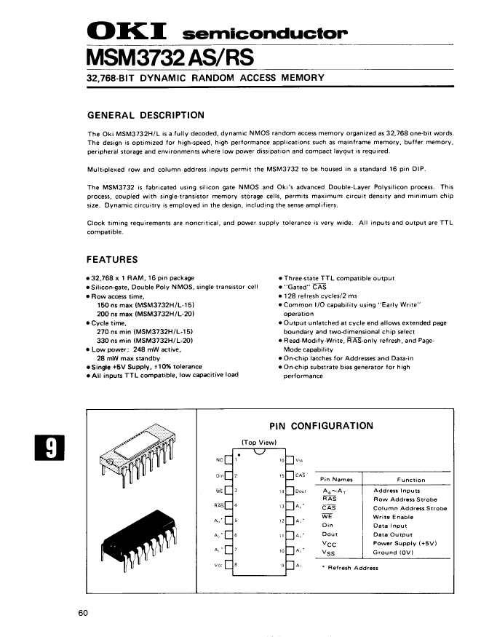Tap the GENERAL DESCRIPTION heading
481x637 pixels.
pos(146,115)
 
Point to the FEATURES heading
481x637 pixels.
pos(113,260)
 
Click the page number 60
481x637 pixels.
pos(83,613)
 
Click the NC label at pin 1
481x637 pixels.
pos(220,460)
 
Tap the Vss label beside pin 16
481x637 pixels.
pos(299,460)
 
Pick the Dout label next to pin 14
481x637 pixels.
pos(301,491)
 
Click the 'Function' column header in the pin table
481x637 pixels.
pos(411,480)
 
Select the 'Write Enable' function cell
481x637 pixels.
pos(392,517)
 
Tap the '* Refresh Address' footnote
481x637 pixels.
pos(351,568)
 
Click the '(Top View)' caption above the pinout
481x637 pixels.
pos(258,443)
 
